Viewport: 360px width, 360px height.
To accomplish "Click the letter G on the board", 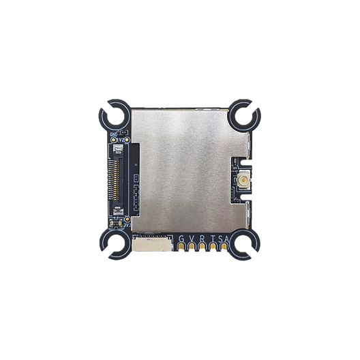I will point(182,237).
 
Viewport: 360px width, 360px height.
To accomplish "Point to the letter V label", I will point(193,237).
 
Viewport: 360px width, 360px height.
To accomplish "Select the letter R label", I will point(204,237).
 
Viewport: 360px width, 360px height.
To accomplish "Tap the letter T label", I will point(214,237).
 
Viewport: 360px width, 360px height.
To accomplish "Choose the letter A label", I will point(226,237).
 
